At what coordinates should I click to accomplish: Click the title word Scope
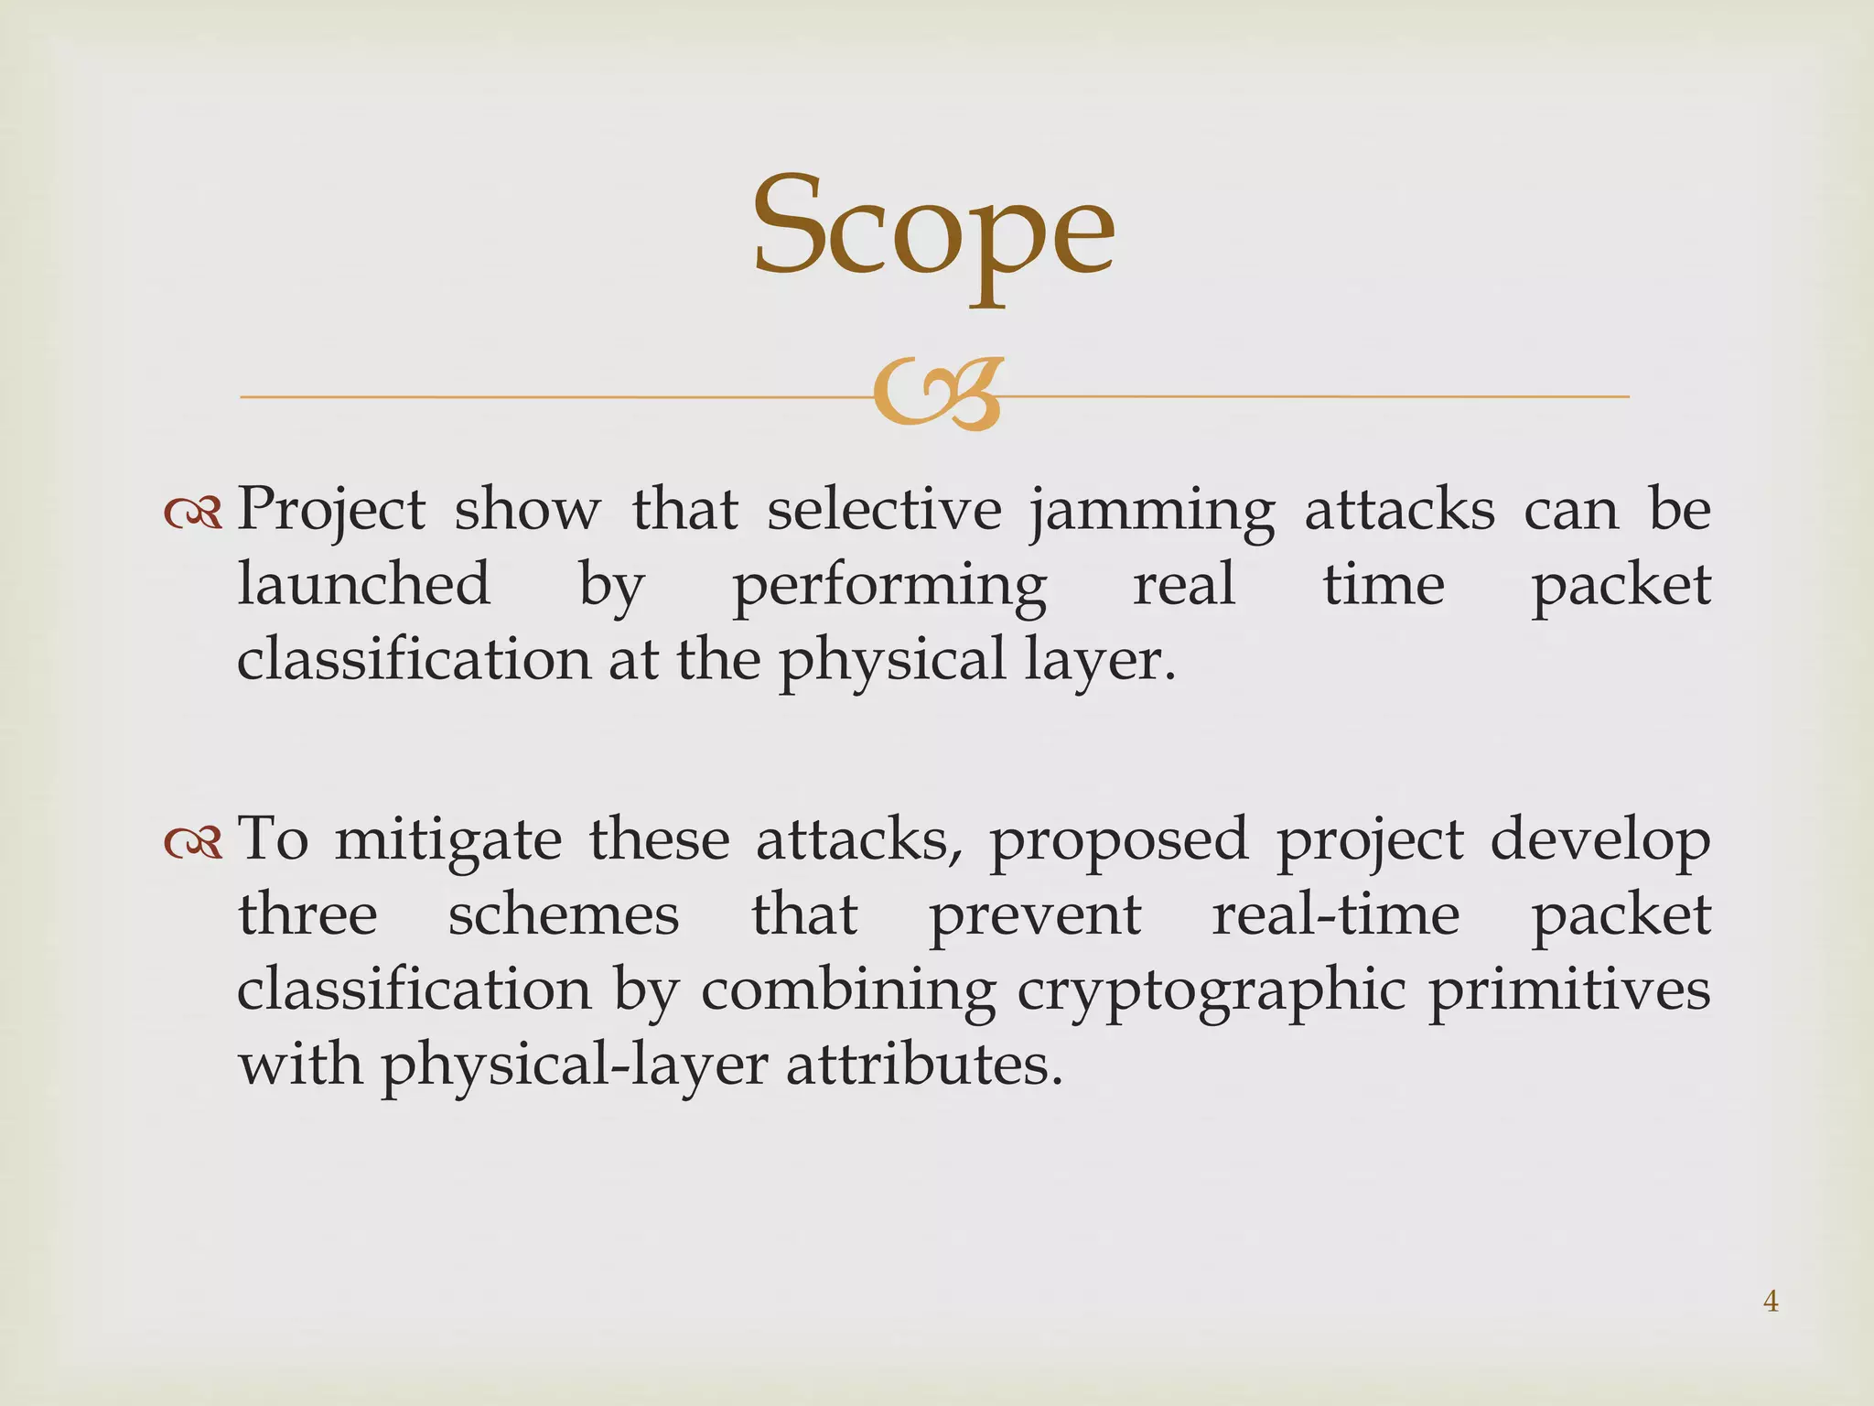(933, 229)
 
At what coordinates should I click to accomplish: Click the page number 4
(1771, 1301)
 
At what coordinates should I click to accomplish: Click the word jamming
(1152, 511)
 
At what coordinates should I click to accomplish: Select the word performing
(889, 586)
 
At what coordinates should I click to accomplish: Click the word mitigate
(447, 840)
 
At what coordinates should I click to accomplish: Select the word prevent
(1035, 915)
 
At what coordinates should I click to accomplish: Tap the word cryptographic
(1211, 991)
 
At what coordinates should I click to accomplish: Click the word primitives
(1569, 990)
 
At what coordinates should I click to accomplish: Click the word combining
(848, 991)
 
